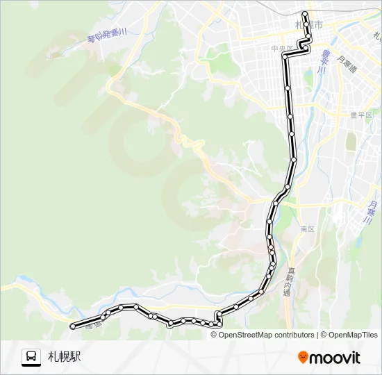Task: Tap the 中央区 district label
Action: pos(280,49)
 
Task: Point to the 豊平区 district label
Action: pos(361,115)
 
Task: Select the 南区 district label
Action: pos(308,228)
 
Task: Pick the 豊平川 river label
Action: pos(323,61)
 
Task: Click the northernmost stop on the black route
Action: pos(305,13)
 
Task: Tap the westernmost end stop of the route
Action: pos(73,324)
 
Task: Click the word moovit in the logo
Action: pos(335,358)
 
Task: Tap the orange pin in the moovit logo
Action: pos(303,357)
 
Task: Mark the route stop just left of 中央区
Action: pos(285,54)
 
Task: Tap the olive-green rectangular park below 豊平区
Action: pos(351,141)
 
